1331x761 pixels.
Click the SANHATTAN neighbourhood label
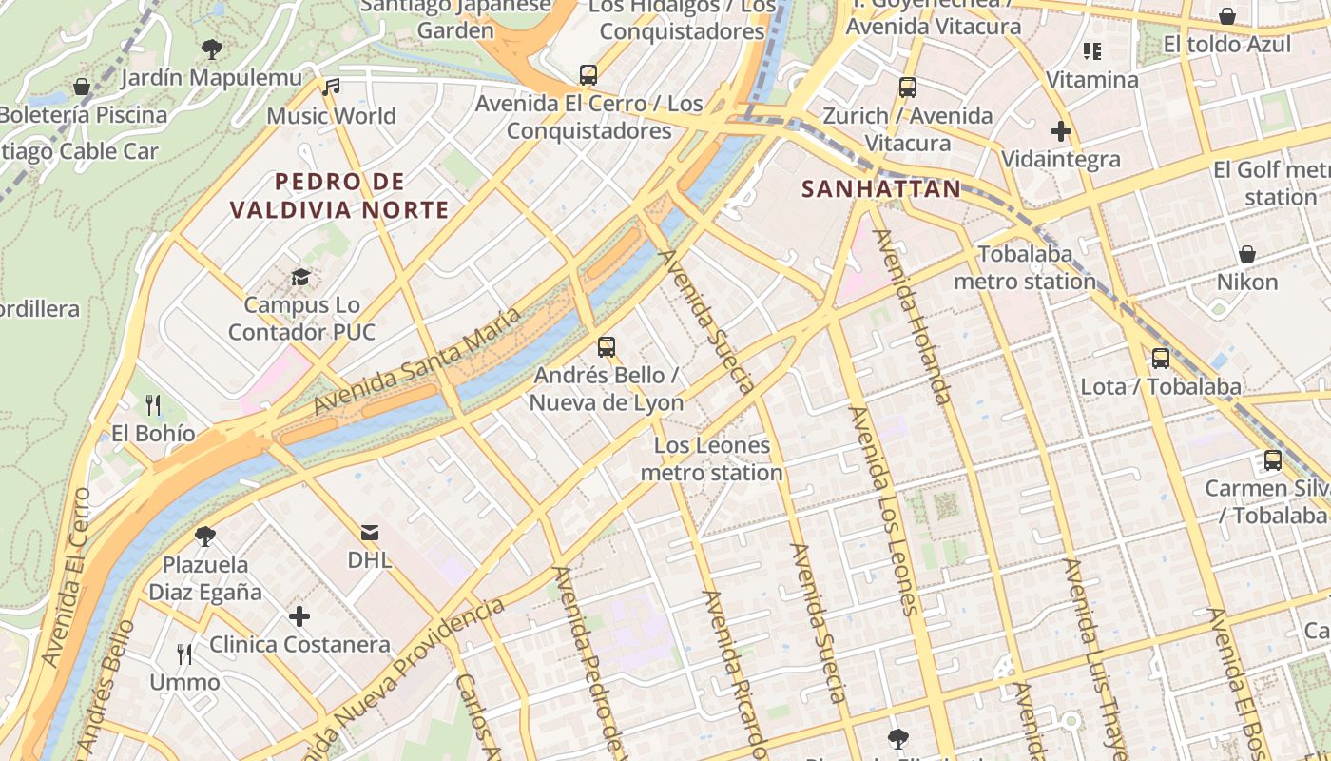click(881, 188)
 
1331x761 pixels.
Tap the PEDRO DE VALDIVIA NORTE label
click(339, 195)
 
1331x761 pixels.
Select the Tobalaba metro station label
click(1025, 267)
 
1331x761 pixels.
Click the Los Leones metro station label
click(712, 459)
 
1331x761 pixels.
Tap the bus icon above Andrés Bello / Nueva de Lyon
click(607, 347)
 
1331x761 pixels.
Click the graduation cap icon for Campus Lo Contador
click(300, 277)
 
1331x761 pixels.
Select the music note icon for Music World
click(331, 88)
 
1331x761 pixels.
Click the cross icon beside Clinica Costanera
click(299, 616)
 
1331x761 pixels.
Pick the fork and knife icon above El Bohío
click(153, 406)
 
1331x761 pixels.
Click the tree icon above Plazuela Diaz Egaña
click(204, 537)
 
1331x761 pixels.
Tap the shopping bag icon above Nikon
click(1246, 254)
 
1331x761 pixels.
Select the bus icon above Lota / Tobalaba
click(1161, 359)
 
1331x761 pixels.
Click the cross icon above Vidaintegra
click(1061, 131)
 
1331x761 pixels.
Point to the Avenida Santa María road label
click(418, 360)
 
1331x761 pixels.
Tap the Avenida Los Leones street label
click(884, 509)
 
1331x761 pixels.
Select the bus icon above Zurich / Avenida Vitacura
click(908, 88)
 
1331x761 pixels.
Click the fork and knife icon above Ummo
click(184, 654)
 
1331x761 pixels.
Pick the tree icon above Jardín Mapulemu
click(211, 49)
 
